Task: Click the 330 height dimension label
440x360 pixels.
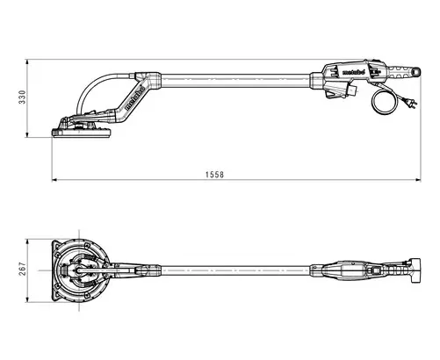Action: [x=23, y=97]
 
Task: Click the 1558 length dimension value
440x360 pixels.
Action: [x=214, y=175]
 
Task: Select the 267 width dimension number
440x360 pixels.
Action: [x=23, y=269]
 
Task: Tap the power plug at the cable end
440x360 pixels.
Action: [x=411, y=103]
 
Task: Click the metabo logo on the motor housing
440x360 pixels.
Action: [x=353, y=72]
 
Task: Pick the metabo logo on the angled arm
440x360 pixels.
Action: [x=135, y=97]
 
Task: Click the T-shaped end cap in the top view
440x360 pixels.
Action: [x=415, y=270]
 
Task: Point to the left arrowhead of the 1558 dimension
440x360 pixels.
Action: [x=54, y=180]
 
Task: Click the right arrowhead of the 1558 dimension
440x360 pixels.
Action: [x=418, y=180]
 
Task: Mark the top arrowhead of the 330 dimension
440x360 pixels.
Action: [x=27, y=62]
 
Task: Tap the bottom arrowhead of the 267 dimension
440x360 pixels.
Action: [x=27, y=299]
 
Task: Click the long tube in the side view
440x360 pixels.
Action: [x=235, y=81]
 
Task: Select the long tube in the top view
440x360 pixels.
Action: [x=235, y=270]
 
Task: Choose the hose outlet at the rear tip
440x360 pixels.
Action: [x=416, y=71]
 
